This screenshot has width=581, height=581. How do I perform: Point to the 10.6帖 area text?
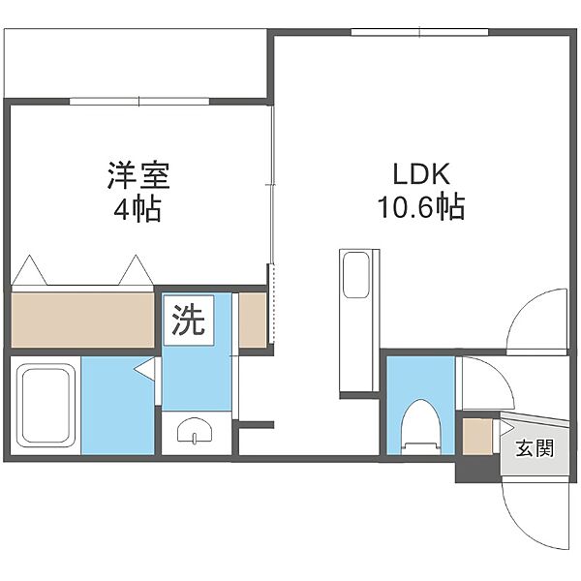pos(421,207)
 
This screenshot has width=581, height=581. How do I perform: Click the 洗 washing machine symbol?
pos(189,321)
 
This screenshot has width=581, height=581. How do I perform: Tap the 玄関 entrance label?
pos(535,447)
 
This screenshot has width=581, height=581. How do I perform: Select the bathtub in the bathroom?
pos(46,406)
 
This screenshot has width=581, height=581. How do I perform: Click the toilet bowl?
pos(421,426)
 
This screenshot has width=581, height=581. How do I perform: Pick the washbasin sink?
pos(195,430)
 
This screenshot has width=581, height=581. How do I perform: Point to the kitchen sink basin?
pos(356,275)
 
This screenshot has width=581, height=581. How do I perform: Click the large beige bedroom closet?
pos(82,321)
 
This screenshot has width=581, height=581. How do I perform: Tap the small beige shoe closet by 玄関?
pos(478,436)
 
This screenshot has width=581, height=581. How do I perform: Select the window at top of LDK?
pos(420,32)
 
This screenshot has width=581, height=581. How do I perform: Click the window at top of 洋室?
pos(139,101)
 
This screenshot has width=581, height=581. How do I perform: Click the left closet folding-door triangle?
pos(29,270)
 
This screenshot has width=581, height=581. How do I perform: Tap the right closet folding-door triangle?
pos(136,270)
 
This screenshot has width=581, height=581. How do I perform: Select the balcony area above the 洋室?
pos(136,63)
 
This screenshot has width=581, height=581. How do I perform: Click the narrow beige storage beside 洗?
pos(253,321)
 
